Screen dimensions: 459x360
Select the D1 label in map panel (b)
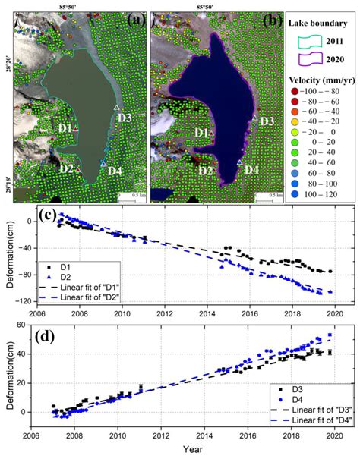pos(201,134)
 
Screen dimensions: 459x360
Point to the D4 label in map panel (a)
pos(115,171)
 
